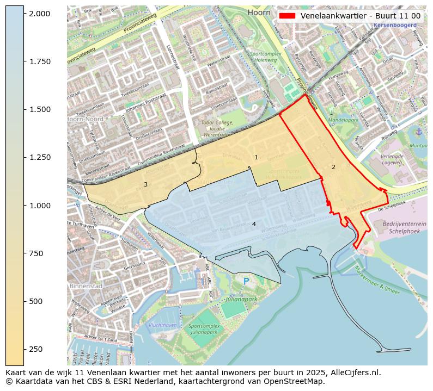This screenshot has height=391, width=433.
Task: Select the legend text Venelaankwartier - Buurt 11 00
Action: (360, 16)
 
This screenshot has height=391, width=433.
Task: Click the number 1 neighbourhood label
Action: (256, 158)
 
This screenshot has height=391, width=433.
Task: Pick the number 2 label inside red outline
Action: (333, 167)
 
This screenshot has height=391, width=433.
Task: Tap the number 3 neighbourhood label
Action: (145, 184)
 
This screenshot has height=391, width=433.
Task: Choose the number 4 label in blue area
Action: (254, 224)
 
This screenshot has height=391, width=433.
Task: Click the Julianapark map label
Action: (242, 299)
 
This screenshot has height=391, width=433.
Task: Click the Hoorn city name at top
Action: (258, 12)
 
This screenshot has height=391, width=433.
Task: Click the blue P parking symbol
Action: (246, 281)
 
